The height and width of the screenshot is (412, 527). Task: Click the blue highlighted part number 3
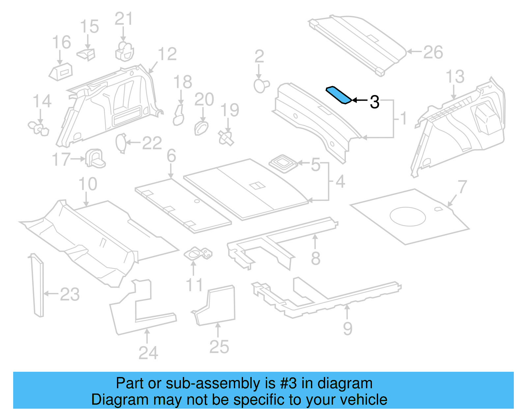pos(339,95)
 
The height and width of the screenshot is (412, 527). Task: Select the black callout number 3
pos(374,102)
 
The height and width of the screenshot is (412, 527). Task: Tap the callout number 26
pos(433,52)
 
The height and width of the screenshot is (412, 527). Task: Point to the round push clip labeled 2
pos(261,86)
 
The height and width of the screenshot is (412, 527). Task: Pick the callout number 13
pos(455,77)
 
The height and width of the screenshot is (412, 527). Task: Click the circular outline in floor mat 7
pos(407,216)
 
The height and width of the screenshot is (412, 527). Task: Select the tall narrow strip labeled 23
pos(37,285)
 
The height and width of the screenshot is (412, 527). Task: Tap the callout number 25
pos(219,347)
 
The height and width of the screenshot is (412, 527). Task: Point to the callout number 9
pos(347,328)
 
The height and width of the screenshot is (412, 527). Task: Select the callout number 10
pos(88,184)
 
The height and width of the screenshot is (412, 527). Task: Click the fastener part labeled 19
pos(226,138)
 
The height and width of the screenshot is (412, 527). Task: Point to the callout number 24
pos(148,353)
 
